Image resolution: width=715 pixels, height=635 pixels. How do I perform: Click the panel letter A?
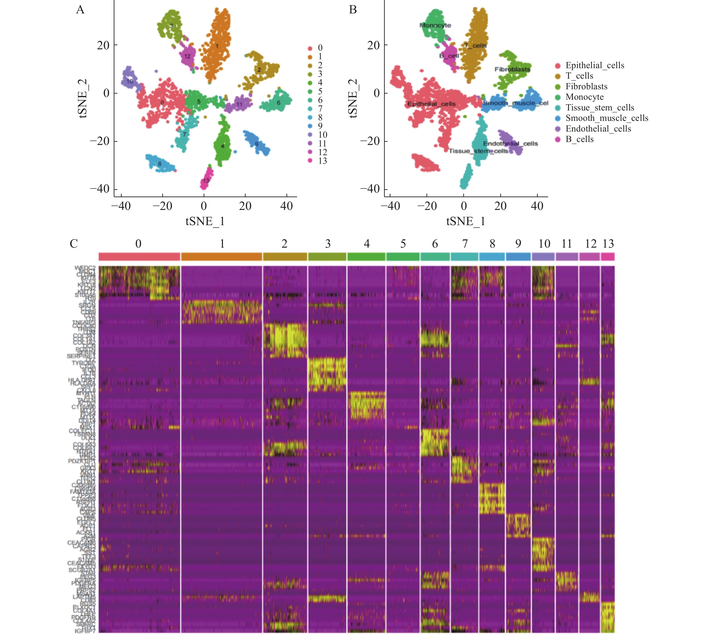point(80,10)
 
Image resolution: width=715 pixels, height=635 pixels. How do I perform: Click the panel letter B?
point(353,10)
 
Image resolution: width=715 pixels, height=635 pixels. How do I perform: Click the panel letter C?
point(74,244)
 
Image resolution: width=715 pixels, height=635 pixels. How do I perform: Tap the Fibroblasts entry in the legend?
point(586,87)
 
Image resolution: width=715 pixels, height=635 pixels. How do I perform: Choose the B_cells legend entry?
point(579,139)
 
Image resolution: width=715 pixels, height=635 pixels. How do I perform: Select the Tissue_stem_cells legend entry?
point(599,107)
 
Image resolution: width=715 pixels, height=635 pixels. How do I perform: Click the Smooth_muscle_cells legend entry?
point(607,118)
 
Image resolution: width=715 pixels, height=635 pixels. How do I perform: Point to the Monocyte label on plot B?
point(435,25)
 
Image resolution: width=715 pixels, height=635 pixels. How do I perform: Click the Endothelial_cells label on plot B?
point(510,144)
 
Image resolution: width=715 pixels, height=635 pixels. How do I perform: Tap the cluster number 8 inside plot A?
point(160,164)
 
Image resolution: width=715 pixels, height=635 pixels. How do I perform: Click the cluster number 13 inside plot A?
point(206,181)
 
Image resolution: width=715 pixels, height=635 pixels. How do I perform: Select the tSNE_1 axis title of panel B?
point(466,221)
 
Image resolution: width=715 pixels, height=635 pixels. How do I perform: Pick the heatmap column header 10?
point(544,244)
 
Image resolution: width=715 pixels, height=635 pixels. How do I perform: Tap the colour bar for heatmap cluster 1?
point(222,256)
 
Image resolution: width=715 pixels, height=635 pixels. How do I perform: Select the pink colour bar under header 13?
point(608,256)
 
